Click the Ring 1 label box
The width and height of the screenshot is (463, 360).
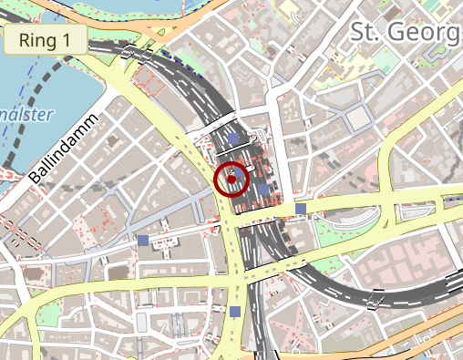click(46, 40)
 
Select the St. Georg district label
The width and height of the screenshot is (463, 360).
click(406, 32)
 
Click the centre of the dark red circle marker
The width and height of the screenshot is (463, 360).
click(232, 179)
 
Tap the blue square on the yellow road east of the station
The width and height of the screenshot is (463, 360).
click(301, 210)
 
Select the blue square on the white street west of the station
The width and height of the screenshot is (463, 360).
click(142, 240)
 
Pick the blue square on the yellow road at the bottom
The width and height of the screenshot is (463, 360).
click(236, 312)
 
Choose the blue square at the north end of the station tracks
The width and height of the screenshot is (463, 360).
click(234, 139)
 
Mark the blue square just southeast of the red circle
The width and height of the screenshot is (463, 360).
click(263, 190)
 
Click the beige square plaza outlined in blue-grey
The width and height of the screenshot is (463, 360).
click(358, 118)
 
